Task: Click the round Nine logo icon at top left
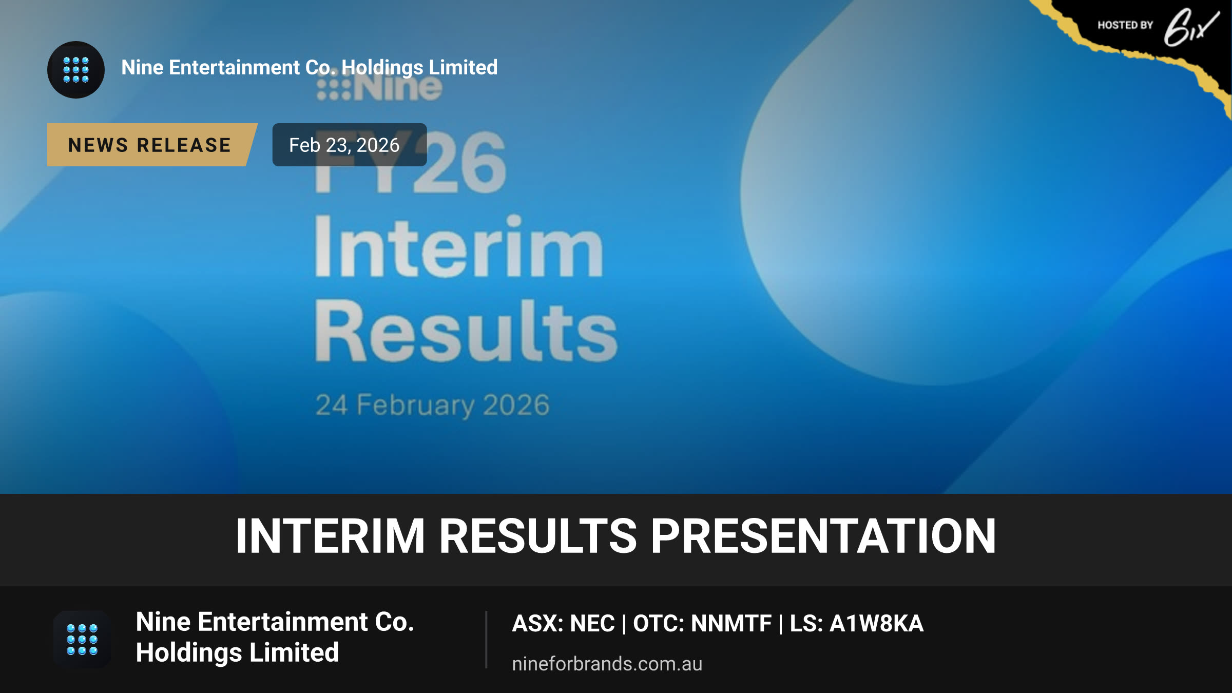point(76,70)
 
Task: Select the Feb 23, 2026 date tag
point(350,145)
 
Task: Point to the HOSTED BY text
point(1125,25)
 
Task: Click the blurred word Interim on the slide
point(458,246)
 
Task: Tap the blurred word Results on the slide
point(466,331)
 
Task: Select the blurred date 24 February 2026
point(432,405)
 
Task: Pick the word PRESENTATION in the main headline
point(823,536)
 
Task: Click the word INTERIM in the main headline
point(330,536)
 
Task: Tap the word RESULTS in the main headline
point(537,536)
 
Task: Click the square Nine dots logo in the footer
point(82,640)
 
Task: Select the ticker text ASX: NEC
point(563,624)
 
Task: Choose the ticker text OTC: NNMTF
point(702,624)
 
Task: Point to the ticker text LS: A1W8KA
point(856,624)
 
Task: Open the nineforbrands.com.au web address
point(607,664)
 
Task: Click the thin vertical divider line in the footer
point(486,640)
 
